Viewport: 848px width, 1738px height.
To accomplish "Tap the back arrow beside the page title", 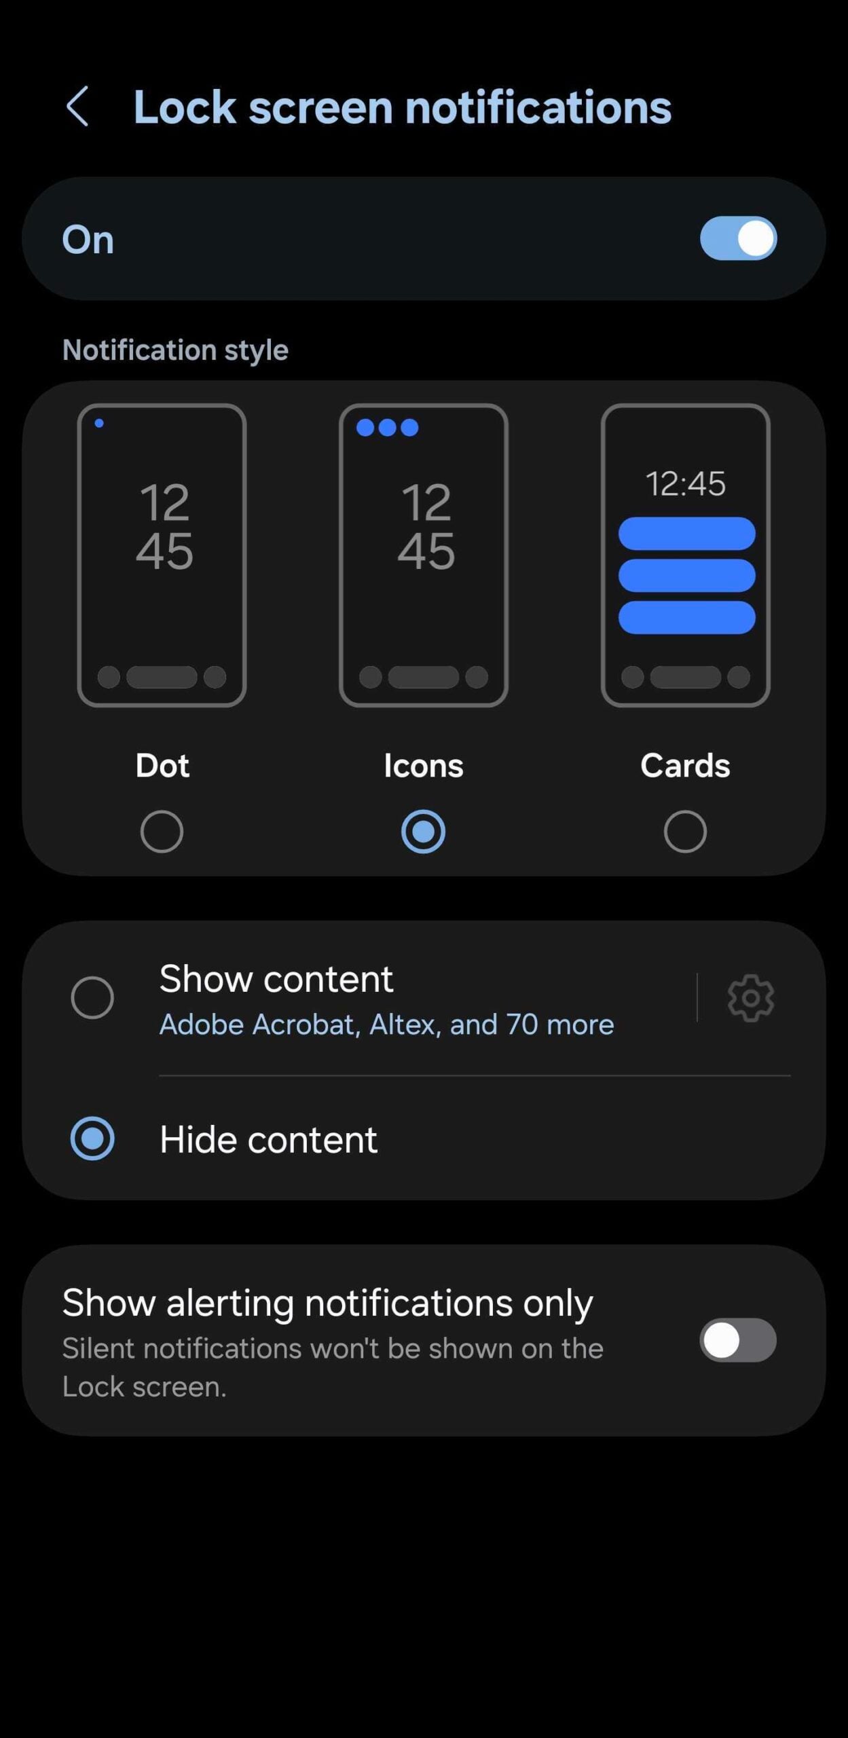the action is [x=77, y=107].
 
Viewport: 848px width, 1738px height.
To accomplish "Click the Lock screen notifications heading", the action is [x=402, y=107].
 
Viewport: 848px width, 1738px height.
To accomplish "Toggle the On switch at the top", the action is [x=738, y=238].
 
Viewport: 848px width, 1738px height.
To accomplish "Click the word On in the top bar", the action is [x=88, y=240].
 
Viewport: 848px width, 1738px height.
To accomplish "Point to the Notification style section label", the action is [x=175, y=350].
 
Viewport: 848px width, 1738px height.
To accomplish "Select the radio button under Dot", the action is [x=162, y=831].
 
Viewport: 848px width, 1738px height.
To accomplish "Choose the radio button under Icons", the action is [x=423, y=831].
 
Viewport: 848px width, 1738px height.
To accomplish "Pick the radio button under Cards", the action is [x=685, y=831].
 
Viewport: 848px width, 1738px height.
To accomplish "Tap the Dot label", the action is [x=162, y=765].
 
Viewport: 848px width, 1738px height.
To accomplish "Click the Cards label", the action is [x=685, y=765].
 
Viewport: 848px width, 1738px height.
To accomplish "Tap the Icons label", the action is [x=424, y=765].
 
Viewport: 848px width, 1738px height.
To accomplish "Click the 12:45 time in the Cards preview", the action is [x=685, y=483].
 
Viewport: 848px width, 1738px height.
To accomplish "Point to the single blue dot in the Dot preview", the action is [x=99, y=423].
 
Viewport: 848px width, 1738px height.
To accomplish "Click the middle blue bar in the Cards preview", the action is [x=686, y=576].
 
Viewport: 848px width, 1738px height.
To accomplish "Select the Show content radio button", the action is [x=92, y=997].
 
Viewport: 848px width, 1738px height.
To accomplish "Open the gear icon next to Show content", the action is [x=750, y=997].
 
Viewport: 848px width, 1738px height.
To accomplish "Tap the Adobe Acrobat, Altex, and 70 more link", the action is [x=386, y=1024].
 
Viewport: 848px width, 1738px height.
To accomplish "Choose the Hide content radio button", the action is [x=92, y=1139].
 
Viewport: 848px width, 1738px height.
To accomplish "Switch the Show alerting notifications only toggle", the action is [x=738, y=1340].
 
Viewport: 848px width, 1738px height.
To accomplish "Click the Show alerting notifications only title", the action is [x=327, y=1303].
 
